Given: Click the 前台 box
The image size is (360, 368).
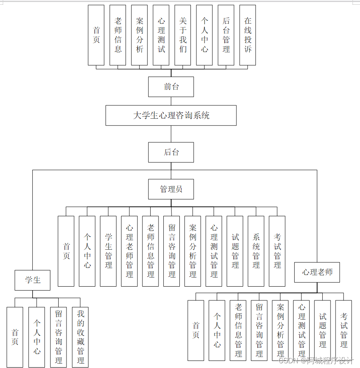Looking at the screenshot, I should tap(171, 87).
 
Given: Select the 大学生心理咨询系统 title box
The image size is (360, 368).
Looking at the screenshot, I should tap(171, 115).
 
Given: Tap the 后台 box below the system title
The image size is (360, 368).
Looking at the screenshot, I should tap(171, 152).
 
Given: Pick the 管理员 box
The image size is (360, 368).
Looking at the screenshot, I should tap(171, 189).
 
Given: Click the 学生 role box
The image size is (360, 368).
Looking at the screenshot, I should tap(33, 280).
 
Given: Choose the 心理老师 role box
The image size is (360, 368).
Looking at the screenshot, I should tap(317, 272).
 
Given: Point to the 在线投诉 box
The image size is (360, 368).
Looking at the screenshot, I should tap(247, 35).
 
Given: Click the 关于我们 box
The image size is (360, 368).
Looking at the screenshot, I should tap(183, 35).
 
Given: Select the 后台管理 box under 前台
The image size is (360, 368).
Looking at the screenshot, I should tap(226, 35).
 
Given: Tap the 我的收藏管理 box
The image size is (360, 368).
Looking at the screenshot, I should tap(80, 337).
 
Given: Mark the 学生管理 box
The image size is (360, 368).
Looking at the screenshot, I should tap(108, 251).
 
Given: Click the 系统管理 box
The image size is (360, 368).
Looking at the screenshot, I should tap(256, 251).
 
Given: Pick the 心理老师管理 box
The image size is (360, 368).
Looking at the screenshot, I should tap(129, 251).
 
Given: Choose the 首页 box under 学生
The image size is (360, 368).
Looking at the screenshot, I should tap(15, 337).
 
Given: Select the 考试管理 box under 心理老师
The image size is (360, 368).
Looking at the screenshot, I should tap(343, 330).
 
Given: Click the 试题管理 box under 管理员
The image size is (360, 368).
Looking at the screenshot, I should tap(235, 251).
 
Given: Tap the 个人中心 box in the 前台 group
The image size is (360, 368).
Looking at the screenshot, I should tap(204, 35).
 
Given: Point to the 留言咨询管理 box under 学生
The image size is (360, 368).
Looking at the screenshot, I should tap(59, 337).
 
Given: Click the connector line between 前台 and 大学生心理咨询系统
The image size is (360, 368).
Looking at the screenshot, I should tap(171, 101).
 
